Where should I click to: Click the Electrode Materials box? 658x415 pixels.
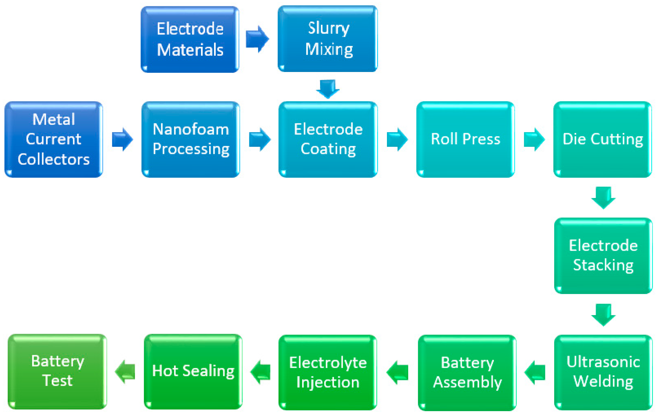tap(190, 40)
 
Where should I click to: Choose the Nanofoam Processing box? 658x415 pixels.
tap(191, 139)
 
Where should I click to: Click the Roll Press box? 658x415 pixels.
tap(465, 139)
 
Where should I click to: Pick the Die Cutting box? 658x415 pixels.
tap(603, 139)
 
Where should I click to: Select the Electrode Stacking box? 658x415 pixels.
tap(603, 255)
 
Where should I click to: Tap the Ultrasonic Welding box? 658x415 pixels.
tap(603, 372)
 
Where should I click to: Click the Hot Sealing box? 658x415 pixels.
tap(193, 372)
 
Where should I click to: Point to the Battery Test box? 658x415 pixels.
tap(57, 372)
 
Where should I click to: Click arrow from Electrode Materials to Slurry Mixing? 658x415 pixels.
tap(257, 39)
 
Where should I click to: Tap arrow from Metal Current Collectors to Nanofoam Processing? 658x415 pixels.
tap(122, 139)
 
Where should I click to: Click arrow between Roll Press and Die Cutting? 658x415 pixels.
tap(534, 139)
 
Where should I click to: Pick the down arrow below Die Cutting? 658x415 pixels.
tap(603, 198)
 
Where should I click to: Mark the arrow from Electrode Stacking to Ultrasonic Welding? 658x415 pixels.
tap(603, 315)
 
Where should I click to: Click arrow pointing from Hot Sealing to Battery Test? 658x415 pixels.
tap(125, 372)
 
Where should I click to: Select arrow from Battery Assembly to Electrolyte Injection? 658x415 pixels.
tap(397, 372)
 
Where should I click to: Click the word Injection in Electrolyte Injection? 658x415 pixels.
tap(328, 382)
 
